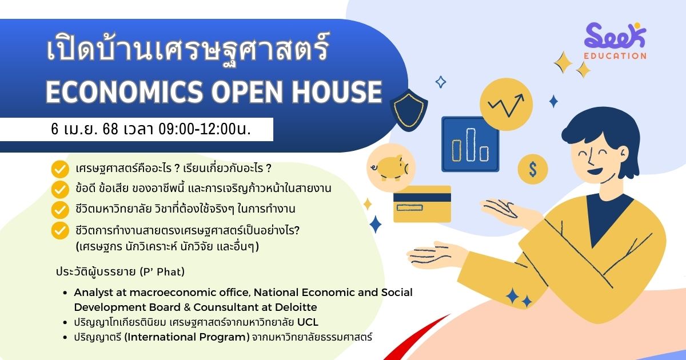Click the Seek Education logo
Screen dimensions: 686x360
[x=615, y=41]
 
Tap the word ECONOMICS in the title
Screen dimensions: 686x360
[x=125, y=91]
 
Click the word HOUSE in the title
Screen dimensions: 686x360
[x=337, y=91]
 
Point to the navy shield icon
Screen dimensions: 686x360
[x=409, y=110]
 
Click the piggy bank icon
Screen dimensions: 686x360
[x=391, y=167]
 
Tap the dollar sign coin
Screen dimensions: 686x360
[x=533, y=169]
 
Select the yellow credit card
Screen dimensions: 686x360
[x=422, y=203]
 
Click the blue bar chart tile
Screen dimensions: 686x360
[x=470, y=144]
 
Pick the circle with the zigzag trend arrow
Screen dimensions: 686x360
[x=506, y=105]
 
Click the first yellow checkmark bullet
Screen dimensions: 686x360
[x=60, y=169]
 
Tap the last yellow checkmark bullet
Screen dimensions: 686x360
[x=60, y=230]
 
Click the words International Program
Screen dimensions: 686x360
[x=187, y=337]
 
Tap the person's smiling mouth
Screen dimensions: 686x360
[x=595, y=171]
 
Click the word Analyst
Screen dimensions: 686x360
[x=93, y=293]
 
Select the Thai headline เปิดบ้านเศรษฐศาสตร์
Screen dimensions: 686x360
[x=188, y=49]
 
